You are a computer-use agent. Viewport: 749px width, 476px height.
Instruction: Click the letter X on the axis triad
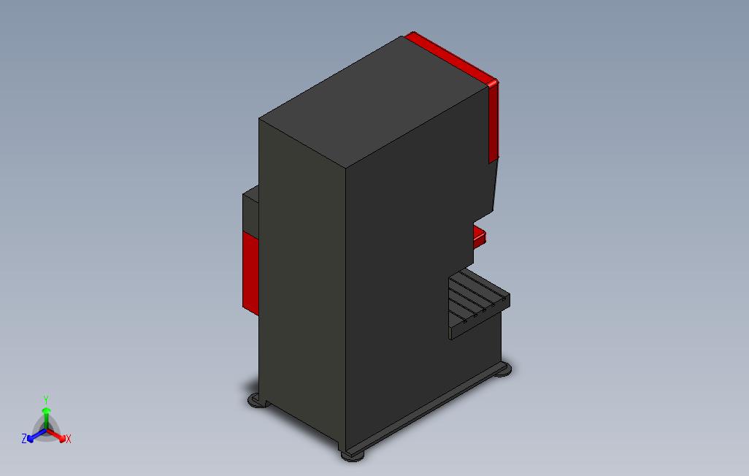[x=69, y=439]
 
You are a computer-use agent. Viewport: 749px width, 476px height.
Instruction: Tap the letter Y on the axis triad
[x=46, y=399]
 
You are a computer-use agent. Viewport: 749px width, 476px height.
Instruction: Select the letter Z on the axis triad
[x=24, y=438]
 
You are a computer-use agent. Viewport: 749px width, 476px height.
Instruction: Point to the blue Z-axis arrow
[x=37, y=435]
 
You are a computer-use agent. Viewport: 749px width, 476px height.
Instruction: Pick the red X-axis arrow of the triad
[x=56, y=435]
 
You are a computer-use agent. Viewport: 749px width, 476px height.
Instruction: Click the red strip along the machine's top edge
[x=451, y=58]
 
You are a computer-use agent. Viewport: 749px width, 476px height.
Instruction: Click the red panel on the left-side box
[x=250, y=273]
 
